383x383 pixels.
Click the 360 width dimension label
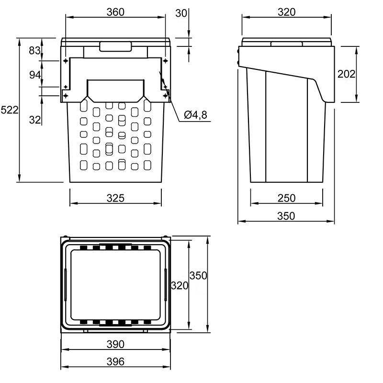(115, 12)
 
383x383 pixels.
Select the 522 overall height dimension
(10, 110)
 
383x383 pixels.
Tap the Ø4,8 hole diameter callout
(195, 115)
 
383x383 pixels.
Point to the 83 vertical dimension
(34, 51)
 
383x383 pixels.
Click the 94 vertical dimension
(35, 75)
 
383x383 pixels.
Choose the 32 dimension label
(35, 120)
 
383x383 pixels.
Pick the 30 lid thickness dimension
(181, 13)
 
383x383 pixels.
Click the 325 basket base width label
(115, 198)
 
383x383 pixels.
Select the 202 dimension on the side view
(346, 74)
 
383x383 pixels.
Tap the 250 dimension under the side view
(286, 198)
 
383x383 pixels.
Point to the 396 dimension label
(115, 361)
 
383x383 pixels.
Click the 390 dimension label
(115, 344)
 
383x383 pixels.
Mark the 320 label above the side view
(286, 12)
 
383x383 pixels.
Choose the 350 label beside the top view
(198, 276)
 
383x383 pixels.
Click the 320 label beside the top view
(180, 285)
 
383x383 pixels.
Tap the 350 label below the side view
(286, 216)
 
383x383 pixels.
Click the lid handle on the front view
(115, 46)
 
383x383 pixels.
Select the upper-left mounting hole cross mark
(66, 61)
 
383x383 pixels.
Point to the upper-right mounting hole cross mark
(165, 61)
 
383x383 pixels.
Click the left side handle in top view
(66, 284)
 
